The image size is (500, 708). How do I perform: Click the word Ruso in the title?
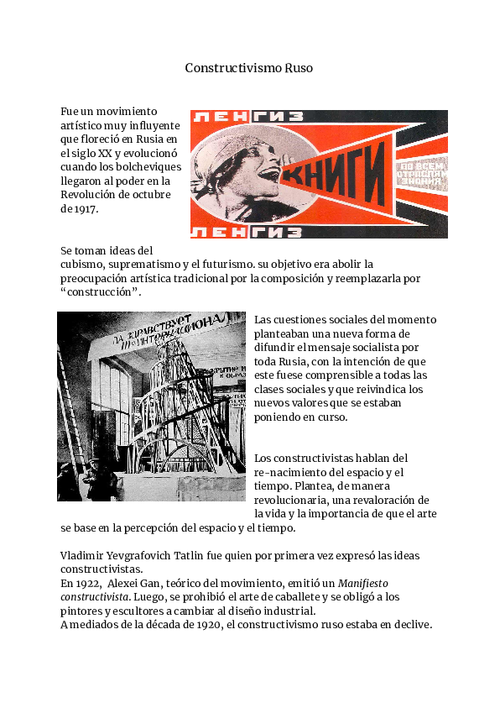299,67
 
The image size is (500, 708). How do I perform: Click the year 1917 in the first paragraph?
86,209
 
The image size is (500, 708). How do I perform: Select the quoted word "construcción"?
101,292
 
